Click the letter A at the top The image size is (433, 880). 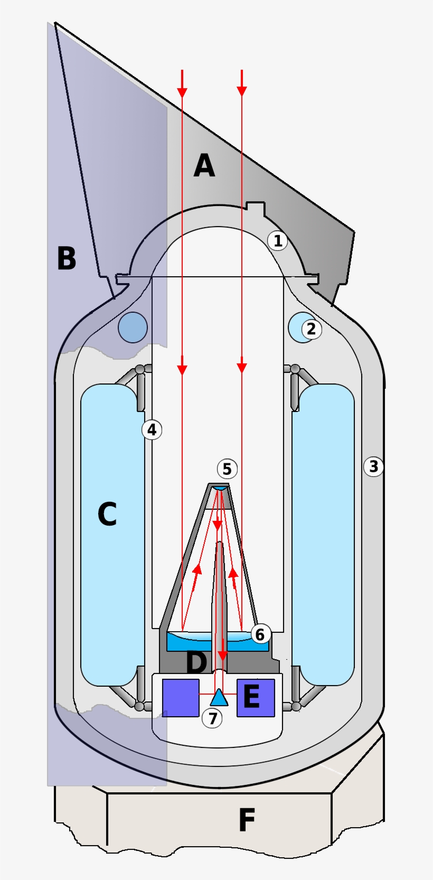tap(204, 166)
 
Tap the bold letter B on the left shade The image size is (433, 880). tap(67, 259)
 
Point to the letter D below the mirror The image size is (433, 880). tap(196, 662)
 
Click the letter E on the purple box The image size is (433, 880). tap(251, 697)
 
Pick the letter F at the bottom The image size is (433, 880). tap(247, 820)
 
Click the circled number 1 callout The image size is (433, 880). tap(277, 241)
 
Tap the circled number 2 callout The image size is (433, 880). tap(311, 329)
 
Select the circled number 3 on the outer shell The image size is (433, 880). tap(373, 466)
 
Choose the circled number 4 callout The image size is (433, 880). tap(152, 429)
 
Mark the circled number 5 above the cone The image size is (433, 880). tap(227, 469)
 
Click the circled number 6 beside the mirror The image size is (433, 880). tap(260, 634)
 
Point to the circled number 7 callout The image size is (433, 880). tap(212, 718)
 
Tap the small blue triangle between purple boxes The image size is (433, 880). tap(219, 699)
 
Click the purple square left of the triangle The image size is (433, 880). tap(181, 697)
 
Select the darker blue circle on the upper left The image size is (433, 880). tap(133, 327)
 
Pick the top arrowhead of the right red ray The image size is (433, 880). tap(242, 91)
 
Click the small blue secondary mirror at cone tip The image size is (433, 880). tap(219, 488)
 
